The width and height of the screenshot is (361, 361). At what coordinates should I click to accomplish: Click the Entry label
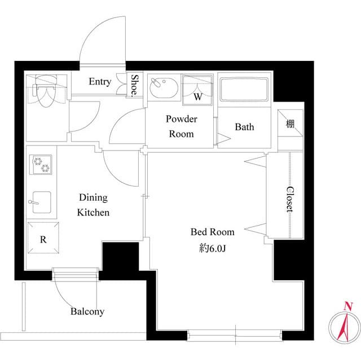(x=100, y=82)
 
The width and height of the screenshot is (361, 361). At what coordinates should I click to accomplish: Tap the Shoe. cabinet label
(x=136, y=86)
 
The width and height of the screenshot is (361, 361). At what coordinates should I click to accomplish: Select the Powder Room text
(x=181, y=126)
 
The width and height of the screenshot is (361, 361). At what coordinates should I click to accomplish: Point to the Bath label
(x=244, y=127)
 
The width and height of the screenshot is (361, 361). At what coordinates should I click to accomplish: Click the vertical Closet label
(x=289, y=199)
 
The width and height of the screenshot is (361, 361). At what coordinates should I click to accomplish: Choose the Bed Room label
(x=212, y=232)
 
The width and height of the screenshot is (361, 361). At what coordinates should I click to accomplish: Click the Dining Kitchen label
(x=93, y=205)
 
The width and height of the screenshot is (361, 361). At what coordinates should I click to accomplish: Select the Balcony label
(x=87, y=311)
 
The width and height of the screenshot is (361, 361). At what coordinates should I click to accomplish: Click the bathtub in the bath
(x=244, y=90)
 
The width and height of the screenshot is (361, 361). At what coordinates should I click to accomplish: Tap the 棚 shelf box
(x=290, y=124)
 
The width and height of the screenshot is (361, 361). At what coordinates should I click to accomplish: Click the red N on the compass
(x=349, y=306)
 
